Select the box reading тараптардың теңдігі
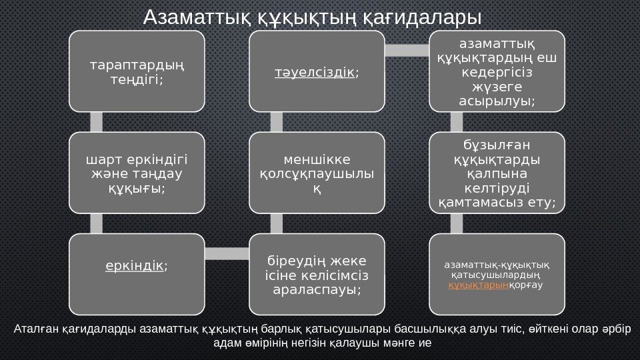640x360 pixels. pyautogui.click(x=137, y=71)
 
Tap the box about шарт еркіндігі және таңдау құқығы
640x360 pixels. pyautogui.click(x=137, y=173)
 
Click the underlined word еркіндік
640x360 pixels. pyautogui.click(x=135, y=266)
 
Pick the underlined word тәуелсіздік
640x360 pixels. pyautogui.click(x=315, y=71)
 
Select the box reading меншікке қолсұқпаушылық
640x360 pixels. pyautogui.click(x=317, y=173)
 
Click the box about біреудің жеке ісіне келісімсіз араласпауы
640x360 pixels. pyautogui.click(x=317, y=274)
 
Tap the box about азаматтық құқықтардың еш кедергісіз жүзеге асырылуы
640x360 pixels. pyautogui.click(x=497, y=71)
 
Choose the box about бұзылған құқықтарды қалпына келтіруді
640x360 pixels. pyautogui.click(x=497, y=173)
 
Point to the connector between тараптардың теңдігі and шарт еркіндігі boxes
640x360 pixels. pyautogui.click(x=96, y=122)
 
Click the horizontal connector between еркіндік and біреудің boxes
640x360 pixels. pyautogui.click(x=227, y=253)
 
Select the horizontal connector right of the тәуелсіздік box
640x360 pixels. pyautogui.click(x=407, y=51)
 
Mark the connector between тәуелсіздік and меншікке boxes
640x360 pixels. pyautogui.click(x=277, y=122)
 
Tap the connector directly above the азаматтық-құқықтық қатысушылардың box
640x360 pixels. pyautogui.click(x=457, y=224)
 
